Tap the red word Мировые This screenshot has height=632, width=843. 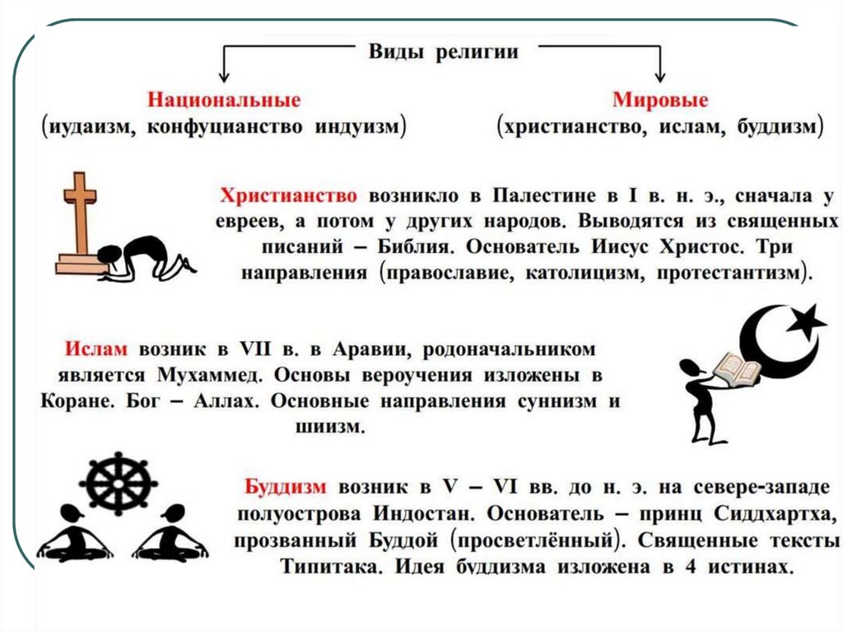[x=660, y=100]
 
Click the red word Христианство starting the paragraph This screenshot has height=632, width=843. [x=288, y=198]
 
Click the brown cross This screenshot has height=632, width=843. [x=80, y=213]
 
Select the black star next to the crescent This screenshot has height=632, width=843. [x=804, y=318]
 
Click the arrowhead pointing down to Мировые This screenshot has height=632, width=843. [x=659, y=75]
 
